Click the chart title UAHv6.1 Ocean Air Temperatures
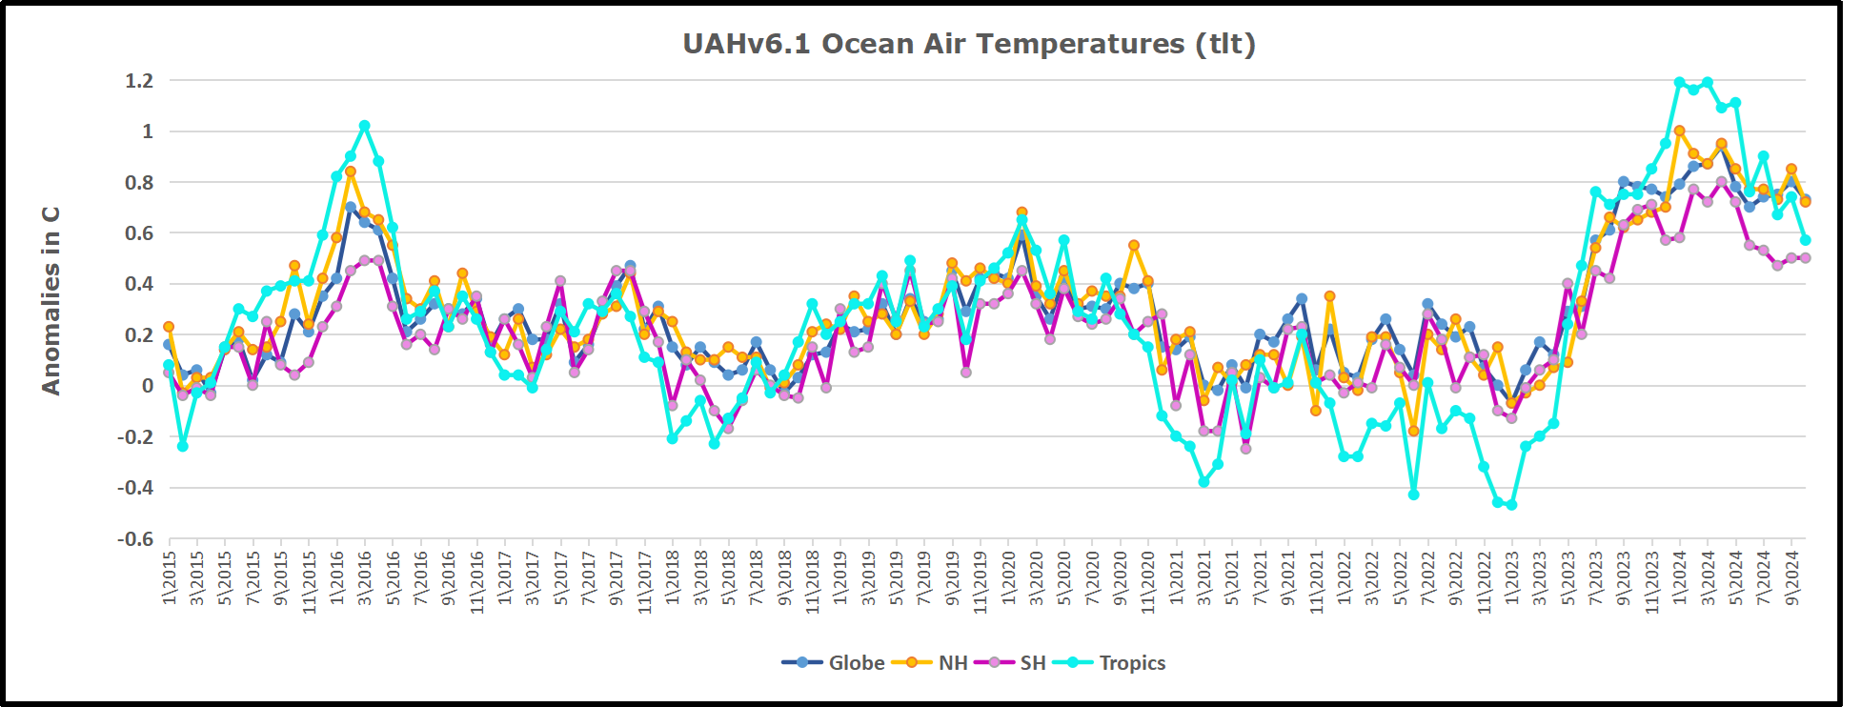tap(968, 44)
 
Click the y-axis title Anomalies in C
tap(51, 300)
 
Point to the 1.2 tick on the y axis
tap(139, 81)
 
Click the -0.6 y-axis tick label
tap(135, 539)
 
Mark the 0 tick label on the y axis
tap(147, 386)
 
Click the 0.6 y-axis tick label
tap(139, 233)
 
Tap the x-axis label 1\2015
tap(170, 577)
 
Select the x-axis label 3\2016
tap(365, 577)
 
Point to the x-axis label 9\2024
tap(1791, 577)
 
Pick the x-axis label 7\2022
tap(1427, 577)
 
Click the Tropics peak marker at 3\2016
tap(365, 126)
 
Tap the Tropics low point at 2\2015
tap(183, 446)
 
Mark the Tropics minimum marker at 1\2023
tap(1511, 505)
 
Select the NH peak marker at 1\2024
tap(1679, 131)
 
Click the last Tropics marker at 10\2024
tap(1805, 240)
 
